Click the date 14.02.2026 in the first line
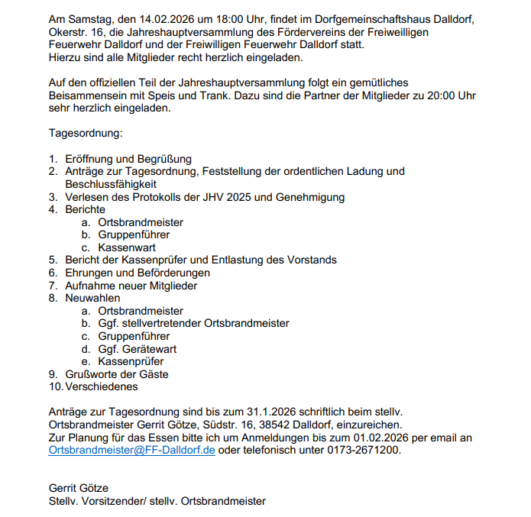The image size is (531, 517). (159, 18)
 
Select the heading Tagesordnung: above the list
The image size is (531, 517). (85, 133)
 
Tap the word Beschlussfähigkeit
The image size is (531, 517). (112, 184)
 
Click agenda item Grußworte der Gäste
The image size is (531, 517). (117, 374)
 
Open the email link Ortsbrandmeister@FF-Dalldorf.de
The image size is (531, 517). (132, 450)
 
